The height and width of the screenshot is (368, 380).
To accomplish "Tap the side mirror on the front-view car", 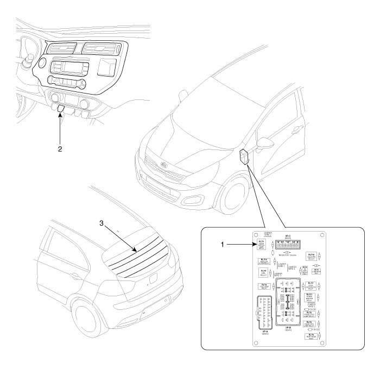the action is click(266, 144).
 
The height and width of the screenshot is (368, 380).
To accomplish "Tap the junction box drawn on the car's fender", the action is click(245, 156).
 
